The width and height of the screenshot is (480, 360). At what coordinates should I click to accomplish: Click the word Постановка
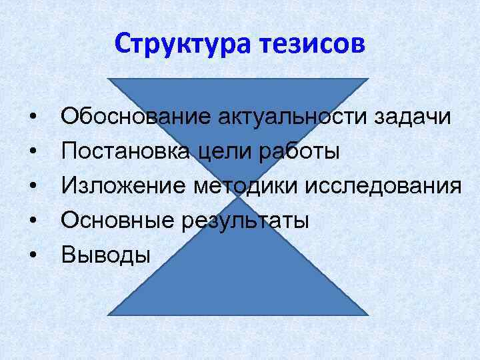click(128, 151)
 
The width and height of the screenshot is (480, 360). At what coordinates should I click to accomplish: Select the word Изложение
click(124, 185)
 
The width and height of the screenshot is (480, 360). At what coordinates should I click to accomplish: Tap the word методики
click(246, 186)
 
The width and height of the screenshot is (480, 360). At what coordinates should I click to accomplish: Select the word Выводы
click(106, 255)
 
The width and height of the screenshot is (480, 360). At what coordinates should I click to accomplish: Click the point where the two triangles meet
click(237, 197)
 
